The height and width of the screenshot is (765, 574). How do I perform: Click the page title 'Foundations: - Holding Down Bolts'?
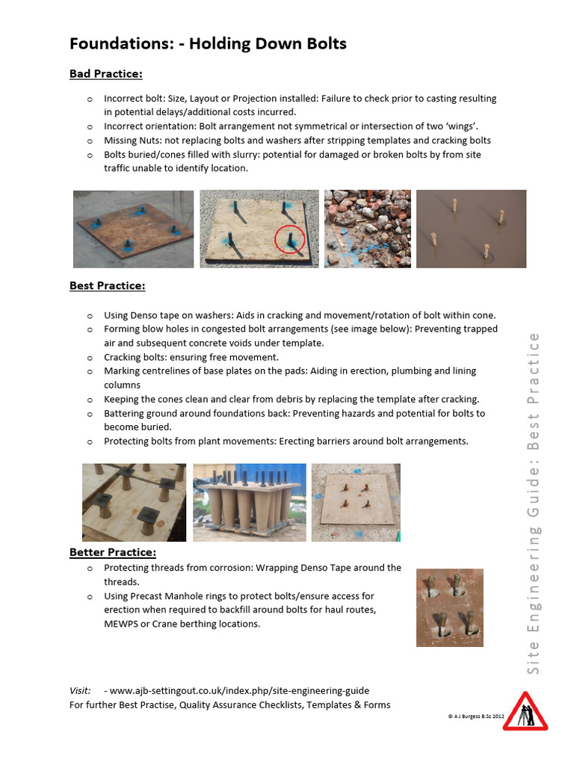pos(208,44)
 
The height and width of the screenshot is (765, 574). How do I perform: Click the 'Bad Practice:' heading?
pos(105,74)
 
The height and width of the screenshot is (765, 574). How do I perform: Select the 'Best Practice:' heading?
pos(107,286)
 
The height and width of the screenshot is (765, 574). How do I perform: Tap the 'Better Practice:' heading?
pos(113,553)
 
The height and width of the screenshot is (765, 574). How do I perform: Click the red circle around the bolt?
pos(288,240)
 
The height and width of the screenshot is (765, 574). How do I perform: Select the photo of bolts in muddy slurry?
pos(471,229)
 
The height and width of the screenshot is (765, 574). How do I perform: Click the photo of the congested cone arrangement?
pos(249,502)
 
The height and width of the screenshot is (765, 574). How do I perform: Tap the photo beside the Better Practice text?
pos(449,607)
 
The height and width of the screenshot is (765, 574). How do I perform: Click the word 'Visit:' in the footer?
pos(80,691)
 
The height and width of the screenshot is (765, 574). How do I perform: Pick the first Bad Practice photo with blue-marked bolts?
pos(133,229)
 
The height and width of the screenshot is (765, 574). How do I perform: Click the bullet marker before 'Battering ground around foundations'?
pos(90,414)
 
